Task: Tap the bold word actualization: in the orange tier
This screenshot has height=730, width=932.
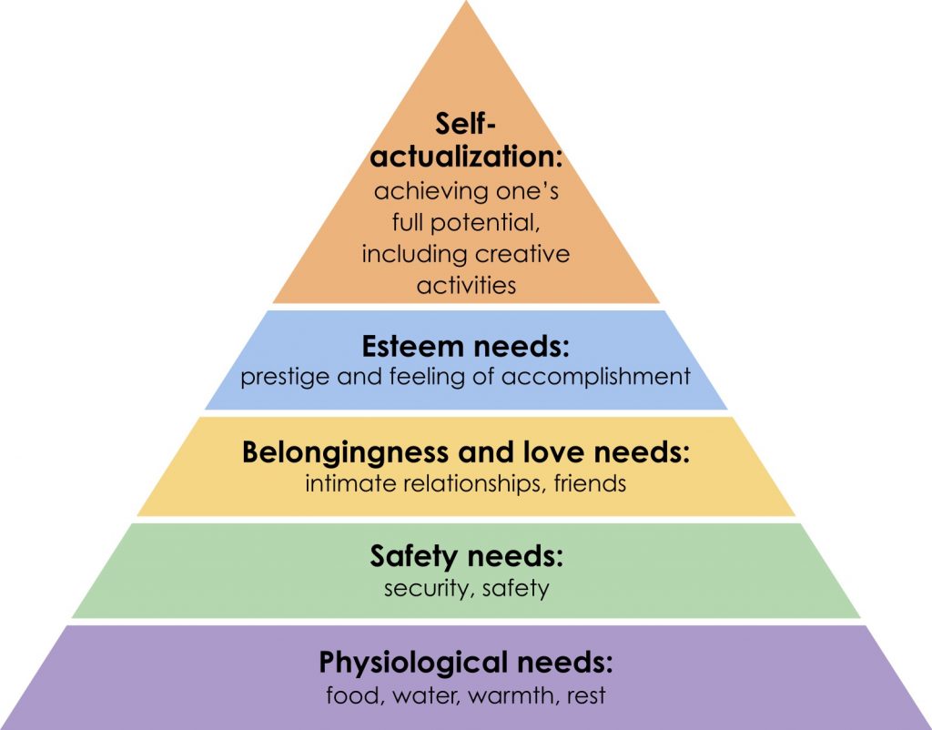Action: pyautogui.click(x=466, y=156)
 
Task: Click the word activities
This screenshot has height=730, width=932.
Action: pyautogui.click(x=466, y=284)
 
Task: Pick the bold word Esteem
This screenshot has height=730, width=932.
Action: pyautogui.click(x=403, y=347)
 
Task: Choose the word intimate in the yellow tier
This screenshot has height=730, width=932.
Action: pyautogui.click(x=341, y=482)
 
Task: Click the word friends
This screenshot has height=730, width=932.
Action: pyautogui.click(x=592, y=482)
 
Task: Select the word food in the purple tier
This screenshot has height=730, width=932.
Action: pyautogui.click(x=347, y=696)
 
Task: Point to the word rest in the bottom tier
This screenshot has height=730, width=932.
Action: pyautogui.click(x=586, y=696)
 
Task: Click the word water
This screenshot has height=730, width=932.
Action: pyautogui.click(x=420, y=696)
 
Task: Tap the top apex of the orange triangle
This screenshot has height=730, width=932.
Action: pyautogui.click(x=466, y=5)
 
